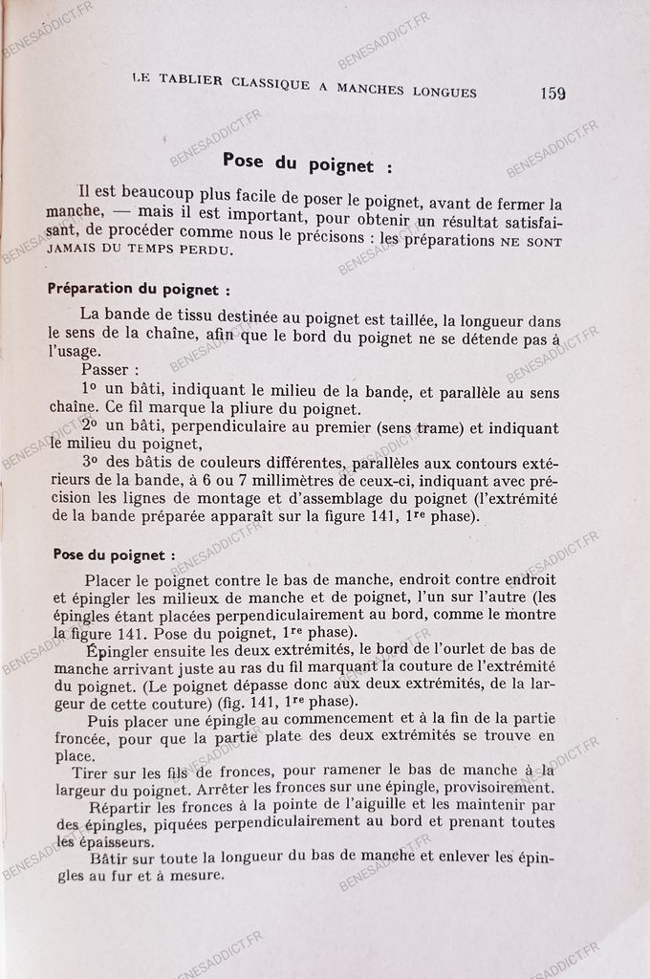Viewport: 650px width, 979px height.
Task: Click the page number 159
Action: [552, 93]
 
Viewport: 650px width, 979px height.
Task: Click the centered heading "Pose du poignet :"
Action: [306, 163]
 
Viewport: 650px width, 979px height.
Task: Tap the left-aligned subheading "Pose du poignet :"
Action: [114, 554]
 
